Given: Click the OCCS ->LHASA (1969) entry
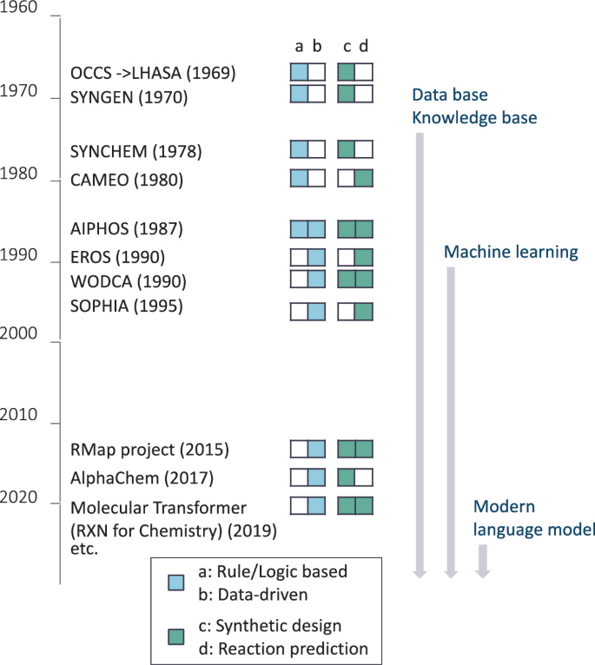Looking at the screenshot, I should coord(153,71).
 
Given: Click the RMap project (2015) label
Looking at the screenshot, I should coord(149,450).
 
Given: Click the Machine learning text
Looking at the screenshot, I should coord(511,253).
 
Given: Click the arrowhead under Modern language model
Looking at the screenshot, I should coord(483,572).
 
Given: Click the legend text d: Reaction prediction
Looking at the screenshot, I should coord(285,648).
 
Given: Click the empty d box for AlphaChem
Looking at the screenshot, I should coord(364,477).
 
